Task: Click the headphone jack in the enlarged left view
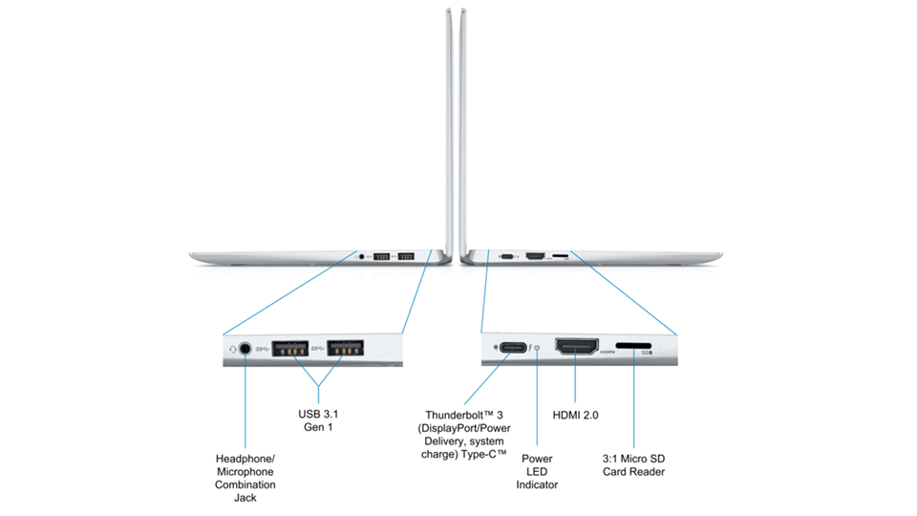coord(245,349)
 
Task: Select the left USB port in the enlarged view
coord(290,348)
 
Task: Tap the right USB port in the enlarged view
coord(345,348)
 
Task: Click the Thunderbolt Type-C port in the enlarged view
coord(513,348)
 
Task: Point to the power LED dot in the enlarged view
coord(537,348)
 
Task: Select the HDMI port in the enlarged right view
coord(577,346)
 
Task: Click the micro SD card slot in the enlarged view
coord(633,346)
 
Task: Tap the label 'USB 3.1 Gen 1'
coord(318,420)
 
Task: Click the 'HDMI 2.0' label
coord(575,415)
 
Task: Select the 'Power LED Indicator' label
coord(537,471)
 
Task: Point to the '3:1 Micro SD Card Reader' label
coord(634,465)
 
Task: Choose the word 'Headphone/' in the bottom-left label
coord(245,459)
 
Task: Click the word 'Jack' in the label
coord(245,498)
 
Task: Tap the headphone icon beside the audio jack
coord(233,350)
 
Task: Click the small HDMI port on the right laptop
coord(535,256)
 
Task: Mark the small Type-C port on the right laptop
coord(507,256)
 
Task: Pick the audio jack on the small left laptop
coord(361,256)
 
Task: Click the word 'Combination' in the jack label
coord(245,484)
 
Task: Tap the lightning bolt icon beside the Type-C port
coord(530,348)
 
